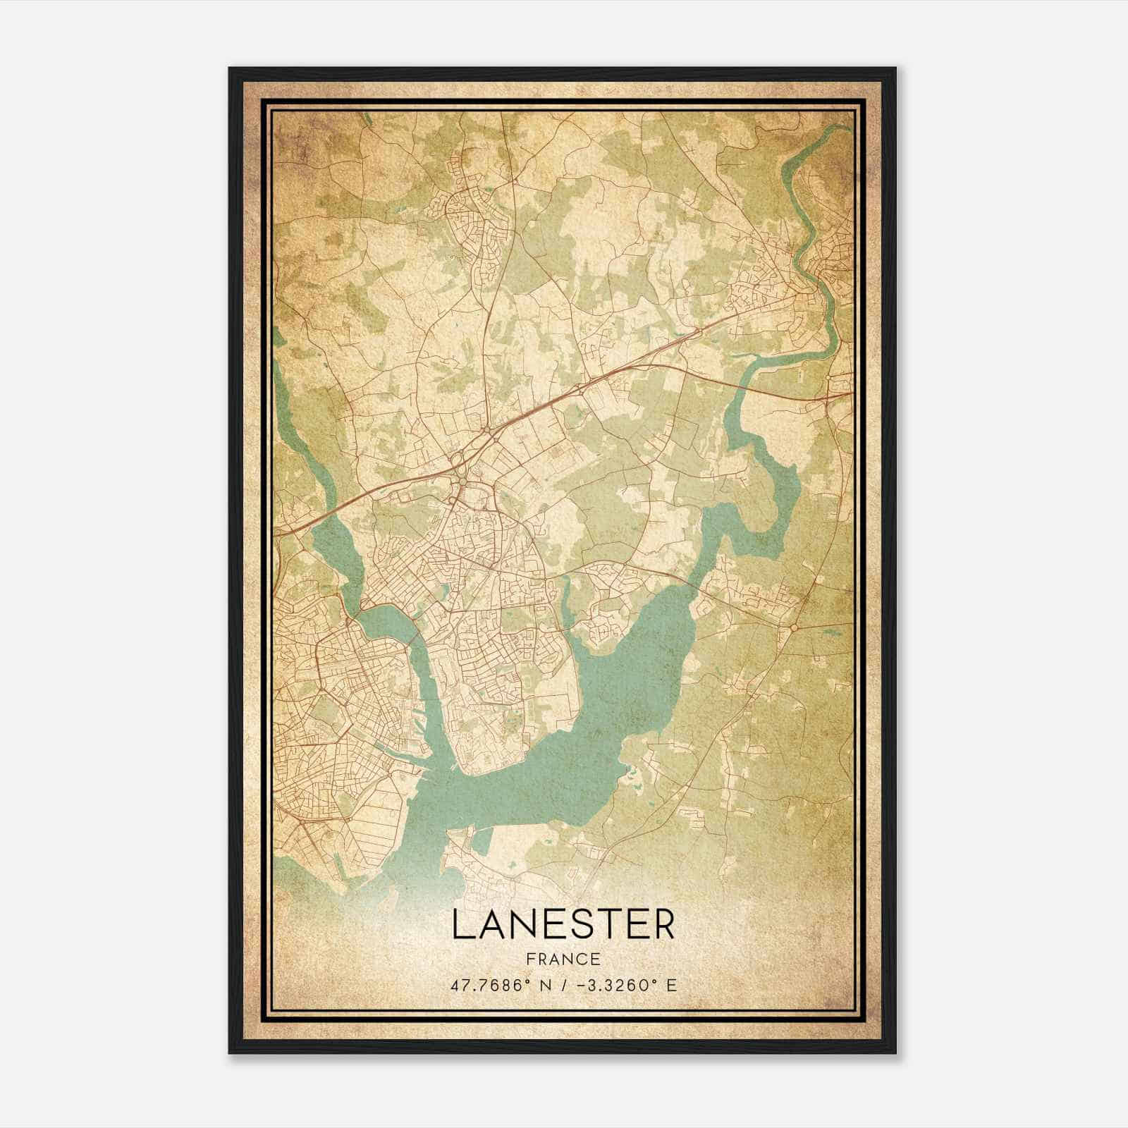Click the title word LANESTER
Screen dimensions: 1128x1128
click(563, 925)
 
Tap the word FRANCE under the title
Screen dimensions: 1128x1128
click(563, 960)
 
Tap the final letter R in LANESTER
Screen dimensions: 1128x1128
click(663, 925)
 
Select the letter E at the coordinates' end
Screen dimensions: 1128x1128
click(672, 986)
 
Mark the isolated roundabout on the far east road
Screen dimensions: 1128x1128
click(795, 627)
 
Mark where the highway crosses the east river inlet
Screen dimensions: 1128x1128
click(741, 387)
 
